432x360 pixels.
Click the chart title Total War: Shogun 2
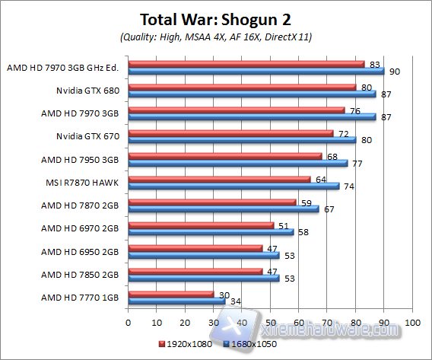click(216, 18)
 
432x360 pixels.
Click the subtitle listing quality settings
click(216, 37)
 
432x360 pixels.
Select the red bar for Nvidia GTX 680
click(242, 88)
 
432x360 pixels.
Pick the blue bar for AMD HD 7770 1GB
click(176, 301)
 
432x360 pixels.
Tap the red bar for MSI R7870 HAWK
click(219, 180)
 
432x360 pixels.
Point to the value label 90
click(394, 72)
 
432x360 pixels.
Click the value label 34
click(236, 301)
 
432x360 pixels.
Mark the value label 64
click(320, 180)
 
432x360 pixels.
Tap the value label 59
click(307, 202)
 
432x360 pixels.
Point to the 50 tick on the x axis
click(270, 321)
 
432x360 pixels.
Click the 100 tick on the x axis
click(411, 321)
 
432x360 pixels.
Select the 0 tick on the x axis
click(129, 321)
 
